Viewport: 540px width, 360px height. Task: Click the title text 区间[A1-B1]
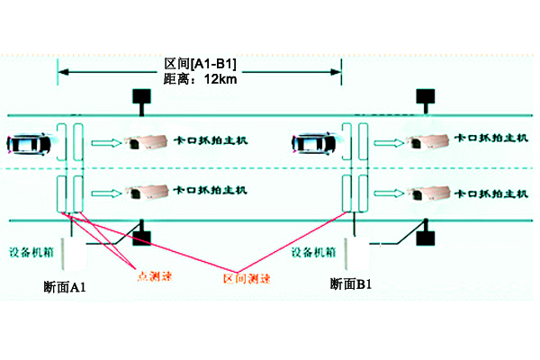[x=201, y=65]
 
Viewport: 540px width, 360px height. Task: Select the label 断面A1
[x=64, y=286]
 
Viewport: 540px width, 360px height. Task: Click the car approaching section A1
[x=31, y=142]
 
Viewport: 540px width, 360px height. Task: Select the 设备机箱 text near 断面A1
[x=32, y=253]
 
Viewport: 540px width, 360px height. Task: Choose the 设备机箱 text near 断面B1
[x=314, y=253]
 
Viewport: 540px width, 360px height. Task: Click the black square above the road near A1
[x=140, y=96]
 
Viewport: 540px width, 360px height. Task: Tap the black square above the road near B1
[x=426, y=96]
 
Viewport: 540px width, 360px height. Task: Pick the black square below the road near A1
[x=141, y=238]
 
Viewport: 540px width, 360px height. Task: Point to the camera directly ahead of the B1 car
[x=427, y=141]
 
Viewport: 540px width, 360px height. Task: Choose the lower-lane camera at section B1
[x=427, y=191]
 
